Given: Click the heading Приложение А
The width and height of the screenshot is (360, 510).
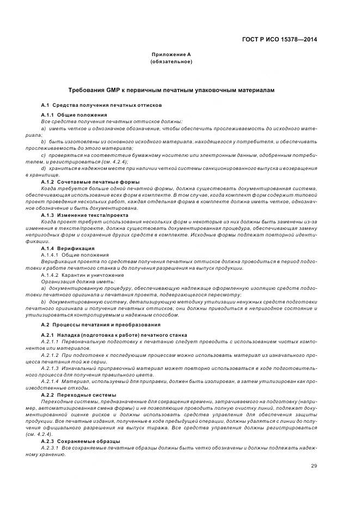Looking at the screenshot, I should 171,54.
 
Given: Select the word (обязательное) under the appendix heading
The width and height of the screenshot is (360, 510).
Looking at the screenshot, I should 171,62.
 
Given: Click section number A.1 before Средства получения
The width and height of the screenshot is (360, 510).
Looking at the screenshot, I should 45,105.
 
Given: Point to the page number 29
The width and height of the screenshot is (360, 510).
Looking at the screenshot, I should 314,465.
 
